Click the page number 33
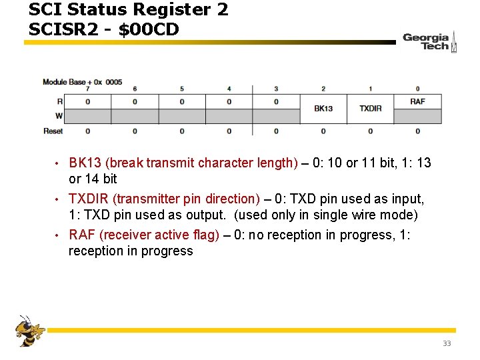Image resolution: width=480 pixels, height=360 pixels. click(447, 343)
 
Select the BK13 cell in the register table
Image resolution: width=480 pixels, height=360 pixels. click(323, 108)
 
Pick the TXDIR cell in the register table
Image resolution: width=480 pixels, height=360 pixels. click(371, 108)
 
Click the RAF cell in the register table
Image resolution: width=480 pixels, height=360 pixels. click(417, 101)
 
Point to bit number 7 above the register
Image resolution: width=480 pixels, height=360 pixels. click(88, 89)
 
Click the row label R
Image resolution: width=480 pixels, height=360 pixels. click(60, 101)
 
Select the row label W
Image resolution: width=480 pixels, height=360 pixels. click(59, 116)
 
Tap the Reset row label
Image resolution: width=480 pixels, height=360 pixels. click(53, 131)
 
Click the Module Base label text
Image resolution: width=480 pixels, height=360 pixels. click(64, 82)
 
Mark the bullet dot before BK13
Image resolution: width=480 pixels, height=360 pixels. click(59, 163)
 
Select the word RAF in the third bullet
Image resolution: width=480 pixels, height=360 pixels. click(81, 235)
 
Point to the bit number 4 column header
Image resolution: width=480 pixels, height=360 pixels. click(229, 89)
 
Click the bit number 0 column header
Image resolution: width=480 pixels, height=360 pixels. click(417, 89)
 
